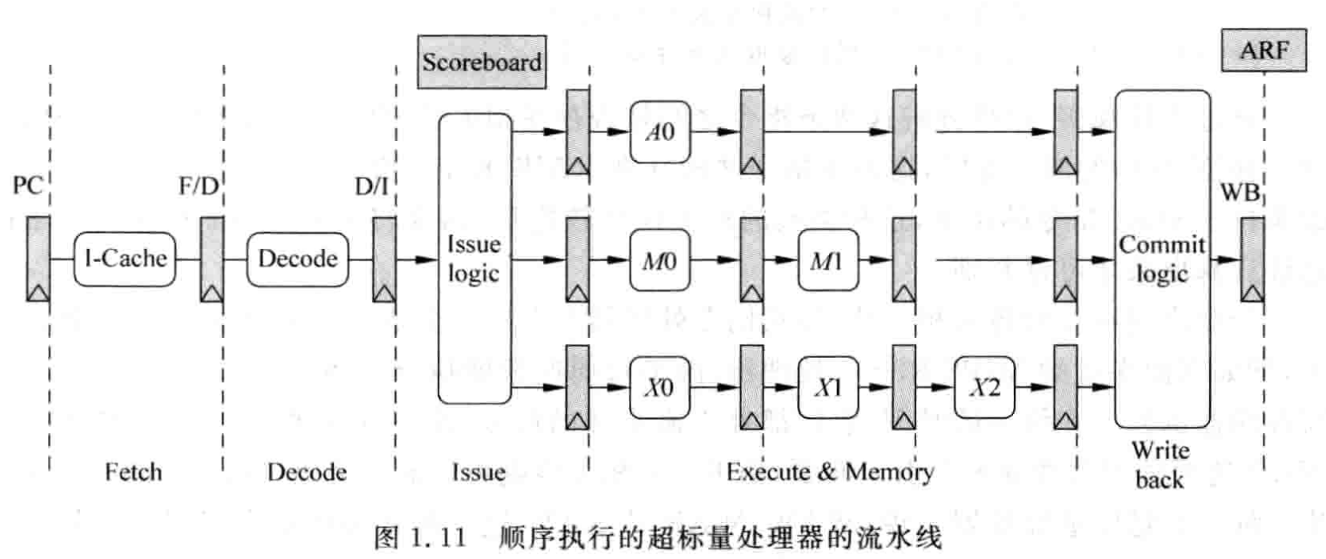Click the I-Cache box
(125, 258)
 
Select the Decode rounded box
(298, 258)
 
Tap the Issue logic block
(474, 258)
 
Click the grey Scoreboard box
(482, 62)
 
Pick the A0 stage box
(659, 131)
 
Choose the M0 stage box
(659, 259)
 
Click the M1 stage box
(827, 259)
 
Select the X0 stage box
(659, 388)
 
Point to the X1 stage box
(827, 388)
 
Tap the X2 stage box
(984, 388)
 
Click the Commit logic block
(1162, 258)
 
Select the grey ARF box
(1264, 50)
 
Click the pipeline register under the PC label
(38, 258)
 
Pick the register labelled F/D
(212, 258)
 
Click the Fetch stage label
(133, 472)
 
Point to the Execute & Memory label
(829, 472)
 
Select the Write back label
(1160, 464)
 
